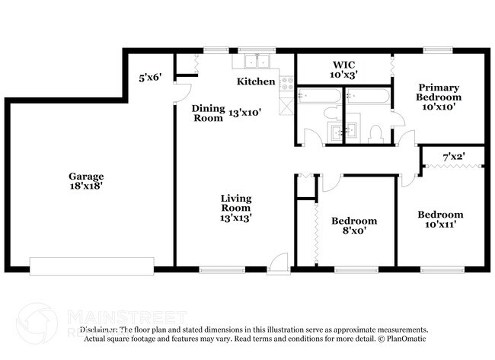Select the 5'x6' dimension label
150,78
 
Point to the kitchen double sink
257,62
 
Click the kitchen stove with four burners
287,84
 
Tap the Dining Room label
207,113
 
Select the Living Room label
236,203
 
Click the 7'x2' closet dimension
454,158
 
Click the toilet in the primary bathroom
374,134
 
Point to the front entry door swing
279,261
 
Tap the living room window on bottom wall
221,268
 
